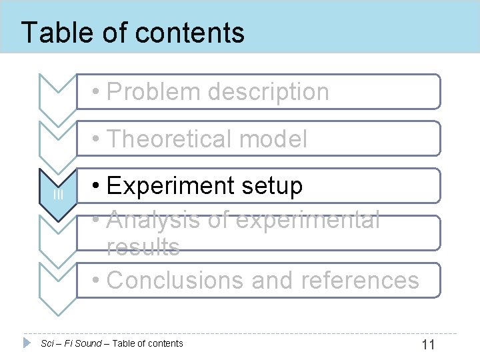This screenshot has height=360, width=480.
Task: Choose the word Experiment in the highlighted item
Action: pyautogui.click(x=169, y=186)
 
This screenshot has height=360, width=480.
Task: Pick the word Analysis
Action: pyautogui.click(x=152, y=219)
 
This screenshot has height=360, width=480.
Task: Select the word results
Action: pyautogui.click(x=143, y=247)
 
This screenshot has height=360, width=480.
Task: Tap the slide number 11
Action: pyautogui.click(x=428, y=345)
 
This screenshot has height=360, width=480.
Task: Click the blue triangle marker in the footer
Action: pyautogui.click(x=27, y=343)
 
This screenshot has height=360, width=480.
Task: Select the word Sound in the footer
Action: pyautogui.click(x=89, y=343)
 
